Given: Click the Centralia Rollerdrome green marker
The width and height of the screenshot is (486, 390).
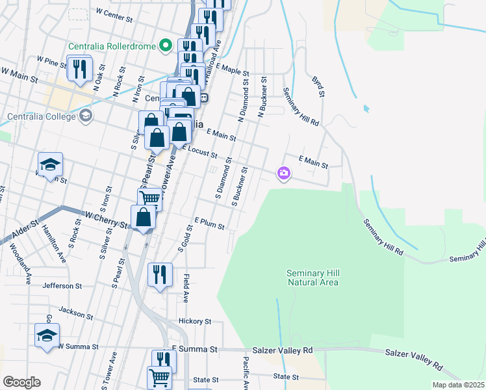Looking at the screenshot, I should (166, 45).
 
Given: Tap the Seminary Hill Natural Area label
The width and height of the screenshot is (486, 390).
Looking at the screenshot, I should (313, 278).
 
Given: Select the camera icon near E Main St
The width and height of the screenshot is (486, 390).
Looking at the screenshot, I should (283, 173).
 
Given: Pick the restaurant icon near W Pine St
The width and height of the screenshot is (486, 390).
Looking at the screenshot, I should (80, 68).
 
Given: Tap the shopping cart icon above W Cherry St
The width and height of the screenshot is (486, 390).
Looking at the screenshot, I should (149, 198).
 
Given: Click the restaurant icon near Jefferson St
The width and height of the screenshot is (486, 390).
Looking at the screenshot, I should (159, 274).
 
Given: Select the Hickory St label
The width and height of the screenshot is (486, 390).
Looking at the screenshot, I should (195, 321).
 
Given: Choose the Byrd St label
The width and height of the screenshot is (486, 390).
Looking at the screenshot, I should (318, 86).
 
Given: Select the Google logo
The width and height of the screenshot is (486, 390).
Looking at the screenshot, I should (21, 382).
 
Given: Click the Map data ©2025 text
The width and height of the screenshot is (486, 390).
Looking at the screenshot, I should (459, 385).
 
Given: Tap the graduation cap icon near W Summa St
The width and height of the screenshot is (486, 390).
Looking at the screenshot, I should (47, 335).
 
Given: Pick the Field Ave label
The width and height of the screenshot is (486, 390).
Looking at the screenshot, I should (186, 289).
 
